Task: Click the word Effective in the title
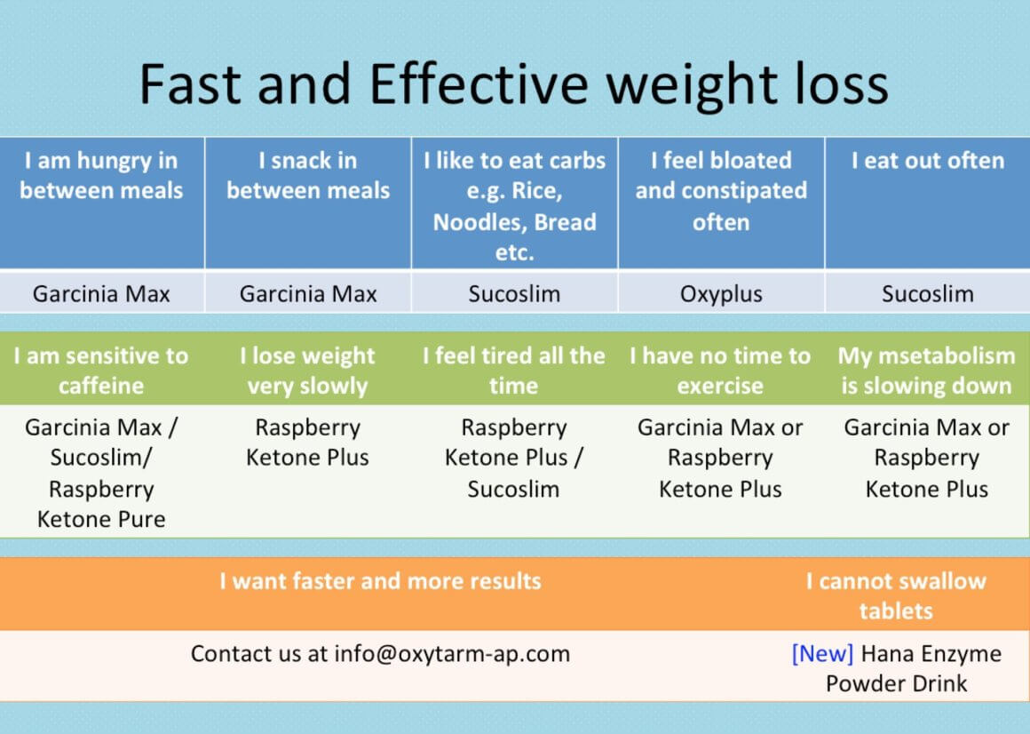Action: pyautogui.click(x=479, y=84)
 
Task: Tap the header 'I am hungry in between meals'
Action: pyautogui.click(x=101, y=175)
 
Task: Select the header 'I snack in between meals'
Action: pyautogui.click(x=308, y=175)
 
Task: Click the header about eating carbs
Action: pyautogui.click(x=514, y=205)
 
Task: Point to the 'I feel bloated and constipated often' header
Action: pyautogui.click(x=721, y=190)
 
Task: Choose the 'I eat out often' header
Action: pyautogui.click(x=928, y=160)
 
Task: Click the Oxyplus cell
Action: pyautogui.click(x=721, y=294)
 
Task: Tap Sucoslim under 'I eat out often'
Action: pyautogui.click(x=928, y=294)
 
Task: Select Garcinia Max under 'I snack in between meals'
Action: pyautogui.click(x=308, y=294)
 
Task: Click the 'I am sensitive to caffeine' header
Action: pyautogui.click(x=101, y=371)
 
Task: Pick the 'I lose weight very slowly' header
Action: pyautogui.click(x=307, y=371)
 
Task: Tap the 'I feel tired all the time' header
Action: pyautogui.click(x=514, y=371)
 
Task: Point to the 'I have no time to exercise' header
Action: pyautogui.click(x=720, y=371)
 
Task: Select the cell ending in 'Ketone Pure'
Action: pyautogui.click(x=101, y=473)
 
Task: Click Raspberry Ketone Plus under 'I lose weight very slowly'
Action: pyautogui.click(x=307, y=443)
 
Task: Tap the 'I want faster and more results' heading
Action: pyautogui.click(x=380, y=581)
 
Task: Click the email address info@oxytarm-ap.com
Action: pyautogui.click(x=452, y=654)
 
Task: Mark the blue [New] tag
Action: pyautogui.click(x=822, y=654)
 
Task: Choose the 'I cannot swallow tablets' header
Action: pyautogui.click(x=896, y=596)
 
